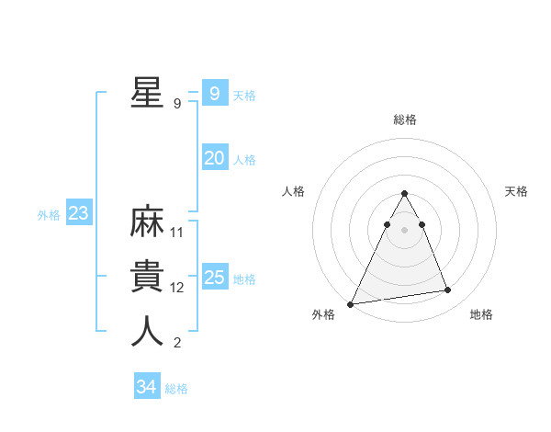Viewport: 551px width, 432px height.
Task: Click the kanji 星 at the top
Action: (x=147, y=92)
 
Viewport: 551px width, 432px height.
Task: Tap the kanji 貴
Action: (x=147, y=277)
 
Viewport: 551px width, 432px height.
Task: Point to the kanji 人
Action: (x=147, y=332)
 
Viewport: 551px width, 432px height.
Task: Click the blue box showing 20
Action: (x=214, y=158)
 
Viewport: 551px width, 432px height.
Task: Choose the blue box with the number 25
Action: (x=215, y=278)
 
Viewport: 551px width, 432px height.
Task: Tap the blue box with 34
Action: (x=146, y=387)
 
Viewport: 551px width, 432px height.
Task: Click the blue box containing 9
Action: (x=214, y=94)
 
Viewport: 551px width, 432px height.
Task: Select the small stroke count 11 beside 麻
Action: (x=177, y=233)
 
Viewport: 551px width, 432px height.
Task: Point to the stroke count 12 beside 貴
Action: (x=177, y=288)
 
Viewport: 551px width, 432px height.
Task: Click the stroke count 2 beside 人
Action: (x=177, y=343)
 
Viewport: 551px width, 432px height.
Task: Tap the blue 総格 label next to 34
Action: (x=176, y=389)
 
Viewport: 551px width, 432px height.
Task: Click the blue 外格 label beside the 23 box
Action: (x=49, y=215)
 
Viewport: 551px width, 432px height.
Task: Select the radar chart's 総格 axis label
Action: (x=404, y=119)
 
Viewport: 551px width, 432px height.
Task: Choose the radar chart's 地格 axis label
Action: (x=481, y=315)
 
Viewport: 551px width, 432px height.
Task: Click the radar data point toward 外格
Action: (x=351, y=303)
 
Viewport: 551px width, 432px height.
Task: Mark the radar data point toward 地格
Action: (x=448, y=290)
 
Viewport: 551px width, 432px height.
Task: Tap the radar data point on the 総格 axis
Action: (x=404, y=193)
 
